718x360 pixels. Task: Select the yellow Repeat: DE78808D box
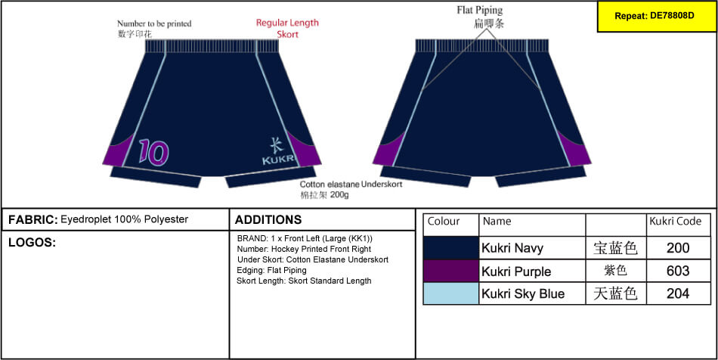(x=655, y=16)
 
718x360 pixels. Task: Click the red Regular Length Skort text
(x=287, y=29)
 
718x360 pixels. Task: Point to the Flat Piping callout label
(x=480, y=17)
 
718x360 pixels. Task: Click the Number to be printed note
(x=154, y=29)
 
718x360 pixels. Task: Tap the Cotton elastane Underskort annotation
(x=351, y=190)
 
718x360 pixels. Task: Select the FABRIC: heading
(x=33, y=220)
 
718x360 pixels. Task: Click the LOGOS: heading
(x=32, y=243)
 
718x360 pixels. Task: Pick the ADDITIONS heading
(x=268, y=220)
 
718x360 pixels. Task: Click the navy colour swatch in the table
(x=451, y=248)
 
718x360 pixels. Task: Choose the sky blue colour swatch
(x=451, y=293)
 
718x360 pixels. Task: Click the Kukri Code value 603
(x=678, y=272)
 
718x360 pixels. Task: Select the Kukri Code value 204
(x=678, y=293)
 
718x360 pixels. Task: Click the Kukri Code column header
(x=676, y=222)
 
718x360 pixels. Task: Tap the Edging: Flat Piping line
(x=272, y=270)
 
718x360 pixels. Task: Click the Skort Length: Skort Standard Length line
(x=304, y=281)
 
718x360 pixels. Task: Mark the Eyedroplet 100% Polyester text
(x=124, y=219)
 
